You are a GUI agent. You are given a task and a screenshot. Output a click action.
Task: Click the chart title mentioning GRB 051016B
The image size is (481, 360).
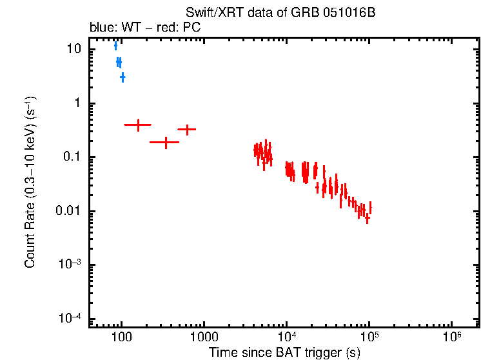(x=280, y=13)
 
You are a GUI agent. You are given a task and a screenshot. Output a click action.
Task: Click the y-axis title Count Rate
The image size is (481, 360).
(x=30, y=183)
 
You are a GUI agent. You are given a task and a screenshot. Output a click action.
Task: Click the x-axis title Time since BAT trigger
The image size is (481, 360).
(x=284, y=352)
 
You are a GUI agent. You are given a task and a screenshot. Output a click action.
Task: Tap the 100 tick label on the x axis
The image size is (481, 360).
(x=121, y=337)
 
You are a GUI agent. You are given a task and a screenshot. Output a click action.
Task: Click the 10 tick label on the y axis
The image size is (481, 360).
(x=74, y=50)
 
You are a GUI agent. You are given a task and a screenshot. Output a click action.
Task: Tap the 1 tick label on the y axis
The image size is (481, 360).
(x=79, y=103)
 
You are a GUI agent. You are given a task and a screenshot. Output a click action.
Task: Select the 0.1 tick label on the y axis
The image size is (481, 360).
(x=73, y=157)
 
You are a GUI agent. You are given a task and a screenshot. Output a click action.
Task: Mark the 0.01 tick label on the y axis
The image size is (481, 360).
(x=70, y=212)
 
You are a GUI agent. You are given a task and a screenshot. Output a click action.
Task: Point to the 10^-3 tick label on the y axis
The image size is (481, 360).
(x=72, y=265)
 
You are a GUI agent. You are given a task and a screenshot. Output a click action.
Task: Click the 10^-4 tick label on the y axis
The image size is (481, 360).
(x=72, y=318)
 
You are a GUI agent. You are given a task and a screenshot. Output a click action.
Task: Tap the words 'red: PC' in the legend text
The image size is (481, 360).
(x=163, y=28)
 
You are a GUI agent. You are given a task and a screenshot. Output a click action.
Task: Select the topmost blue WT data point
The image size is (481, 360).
(x=115, y=45)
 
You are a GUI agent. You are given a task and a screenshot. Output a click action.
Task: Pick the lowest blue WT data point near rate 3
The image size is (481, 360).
(x=123, y=77)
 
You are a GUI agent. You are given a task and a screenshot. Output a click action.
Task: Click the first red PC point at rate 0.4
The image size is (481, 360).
(x=137, y=125)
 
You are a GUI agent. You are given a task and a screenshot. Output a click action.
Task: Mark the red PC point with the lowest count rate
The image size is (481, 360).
(x=367, y=218)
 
